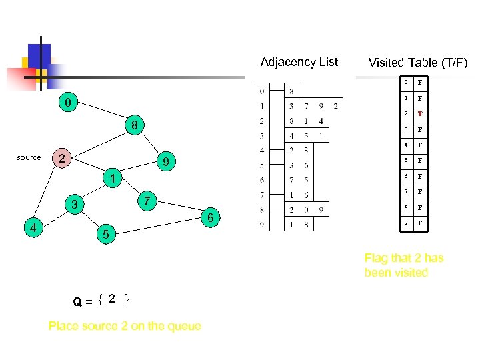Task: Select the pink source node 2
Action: [61, 159]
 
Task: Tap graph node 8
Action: [134, 125]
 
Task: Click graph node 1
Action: [113, 178]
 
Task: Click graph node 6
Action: [211, 218]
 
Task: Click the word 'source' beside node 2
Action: [29, 158]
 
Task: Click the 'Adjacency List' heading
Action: [299, 62]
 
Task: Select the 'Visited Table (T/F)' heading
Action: [418, 63]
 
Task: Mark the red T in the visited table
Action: [421, 114]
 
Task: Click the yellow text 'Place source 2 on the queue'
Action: [125, 326]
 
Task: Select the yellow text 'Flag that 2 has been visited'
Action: [403, 265]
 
